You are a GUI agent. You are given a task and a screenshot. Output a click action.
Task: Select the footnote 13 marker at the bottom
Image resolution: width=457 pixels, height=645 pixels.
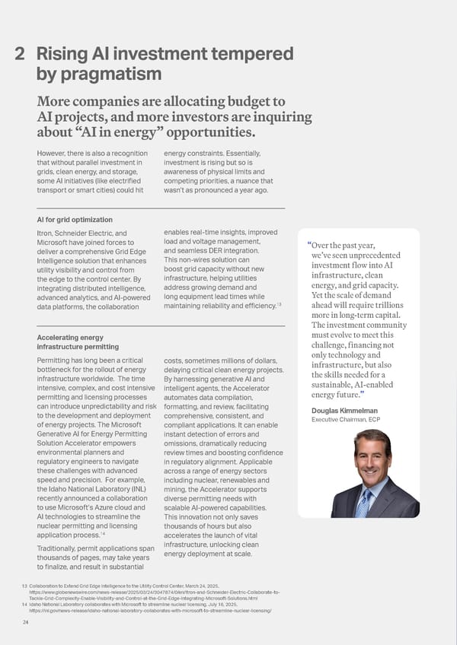(22, 585)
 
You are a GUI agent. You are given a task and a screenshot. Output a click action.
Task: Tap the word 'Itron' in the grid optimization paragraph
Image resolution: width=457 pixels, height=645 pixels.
(46, 233)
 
